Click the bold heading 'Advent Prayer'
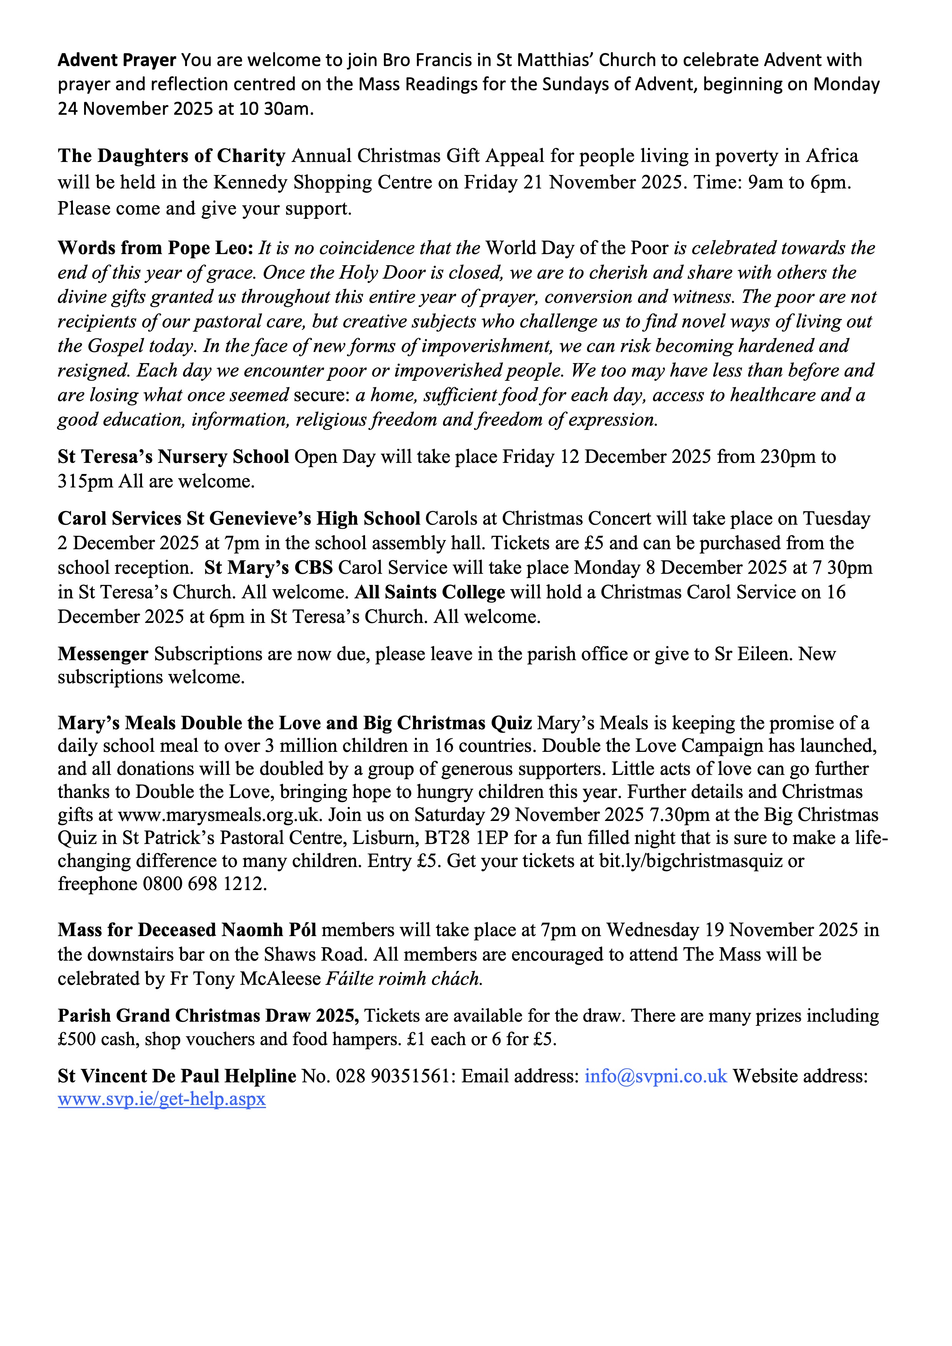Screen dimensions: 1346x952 coord(117,60)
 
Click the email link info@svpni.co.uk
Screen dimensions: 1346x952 coord(655,1076)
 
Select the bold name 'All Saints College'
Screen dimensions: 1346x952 coord(430,592)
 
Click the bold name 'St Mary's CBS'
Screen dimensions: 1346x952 coord(268,568)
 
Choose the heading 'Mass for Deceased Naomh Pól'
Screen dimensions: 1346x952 coord(187,930)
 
